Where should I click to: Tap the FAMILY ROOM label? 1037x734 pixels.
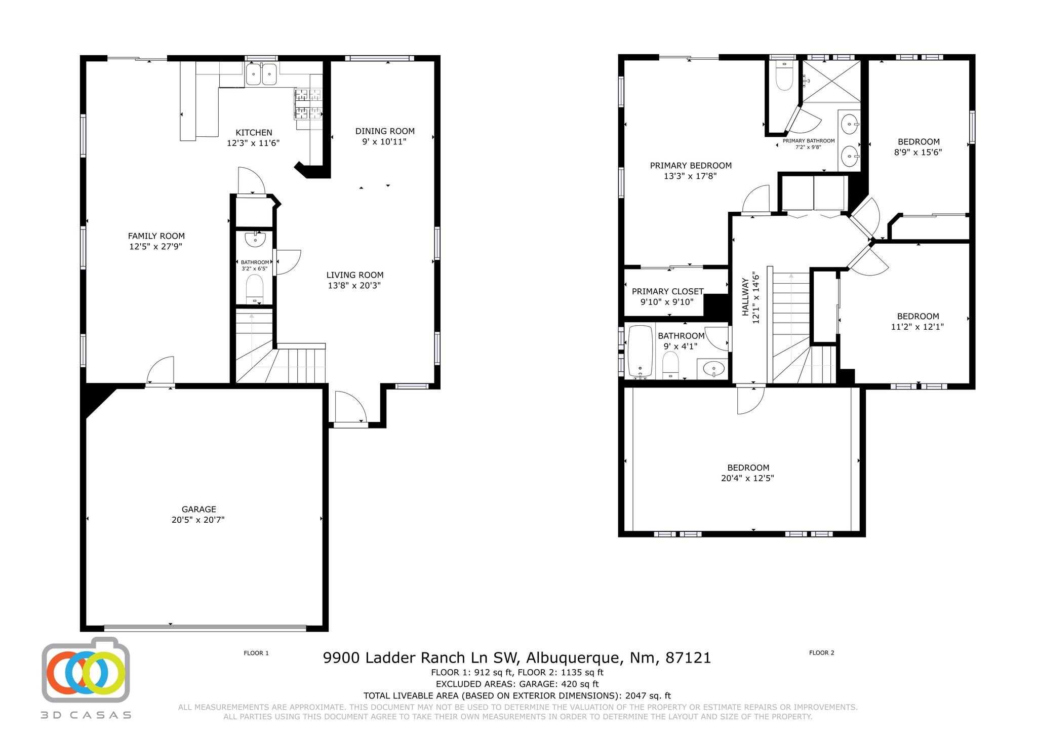pyautogui.click(x=156, y=236)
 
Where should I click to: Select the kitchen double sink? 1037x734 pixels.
pyautogui.click(x=261, y=74)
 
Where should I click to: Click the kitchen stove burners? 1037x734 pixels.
pyautogui.click(x=308, y=104)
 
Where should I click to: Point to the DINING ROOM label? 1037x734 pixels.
pyautogui.click(x=384, y=131)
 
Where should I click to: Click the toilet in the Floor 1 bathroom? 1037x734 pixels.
pyautogui.click(x=254, y=288)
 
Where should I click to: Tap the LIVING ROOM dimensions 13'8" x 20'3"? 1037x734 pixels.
pyautogui.click(x=354, y=286)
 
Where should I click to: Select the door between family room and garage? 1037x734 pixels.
pyautogui.click(x=161, y=371)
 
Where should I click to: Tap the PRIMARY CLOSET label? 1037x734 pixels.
pyautogui.click(x=667, y=291)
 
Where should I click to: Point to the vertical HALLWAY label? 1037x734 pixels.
pyautogui.click(x=745, y=297)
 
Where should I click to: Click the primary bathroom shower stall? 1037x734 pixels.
pyautogui.click(x=831, y=81)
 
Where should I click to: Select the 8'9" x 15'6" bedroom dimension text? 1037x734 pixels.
pyautogui.click(x=919, y=152)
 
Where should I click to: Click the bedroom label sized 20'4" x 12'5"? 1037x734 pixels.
pyautogui.click(x=748, y=468)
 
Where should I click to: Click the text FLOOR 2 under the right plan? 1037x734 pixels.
pyautogui.click(x=821, y=652)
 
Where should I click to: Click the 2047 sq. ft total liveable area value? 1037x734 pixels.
pyautogui.click(x=648, y=696)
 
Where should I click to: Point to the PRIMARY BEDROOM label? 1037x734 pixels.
pyautogui.click(x=690, y=166)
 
